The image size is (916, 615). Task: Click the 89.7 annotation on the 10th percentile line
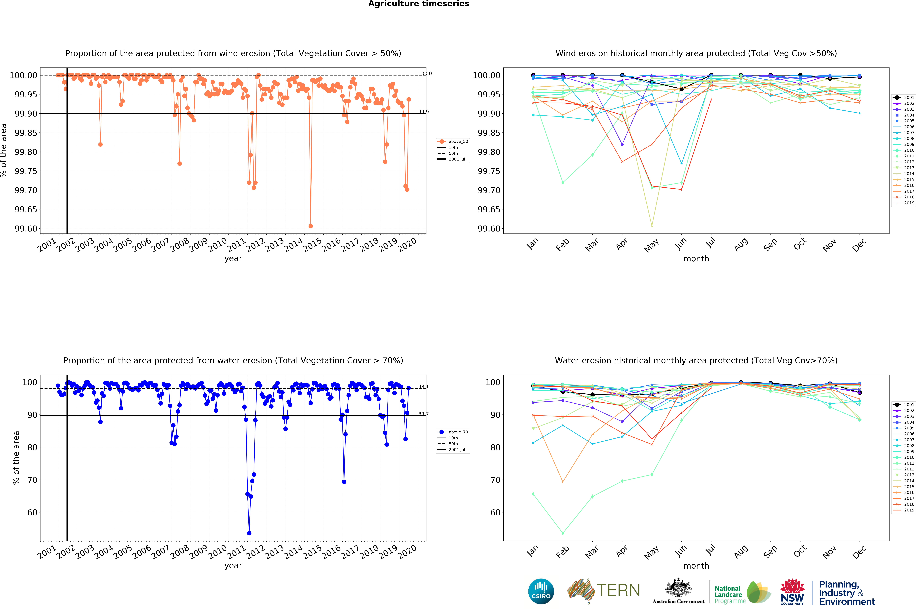point(423,414)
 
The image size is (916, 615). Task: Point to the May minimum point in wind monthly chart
point(652,226)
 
